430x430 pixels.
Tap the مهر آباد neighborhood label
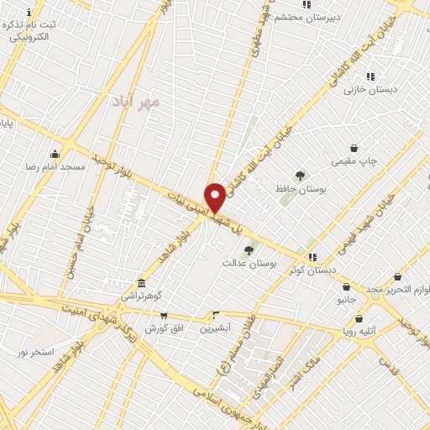pyautogui.click(x=134, y=102)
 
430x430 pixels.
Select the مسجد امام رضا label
pyautogui.click(x=55, y=167)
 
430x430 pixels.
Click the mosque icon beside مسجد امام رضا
pyautogui.click(x=55, y=154)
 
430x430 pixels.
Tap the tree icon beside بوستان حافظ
pyautogui.click(x=300, y=175)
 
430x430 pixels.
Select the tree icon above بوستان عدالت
pyautogui.click(x=249, y=249)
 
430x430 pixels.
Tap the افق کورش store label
pyautogui.click(x=163, y=328)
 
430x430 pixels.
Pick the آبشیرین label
pyautogui.click(x=217, y=328)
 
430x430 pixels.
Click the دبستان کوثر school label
pyautogui.click(x=312, y=270)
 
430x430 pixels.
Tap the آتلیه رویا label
pyautogui.click(x=360, y=332)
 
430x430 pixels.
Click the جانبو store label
pyautogui.click(x=347, y=298)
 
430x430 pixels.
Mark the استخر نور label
pyautogui.click(x=36, y=350)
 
